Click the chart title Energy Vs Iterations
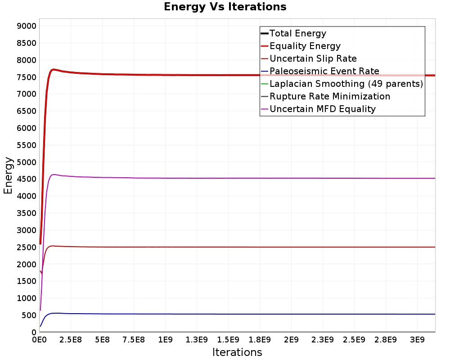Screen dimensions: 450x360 click(x=225, y=7)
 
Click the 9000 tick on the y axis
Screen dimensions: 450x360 click(x=27, y=26)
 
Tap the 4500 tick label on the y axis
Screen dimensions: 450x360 click(x=27, y=179)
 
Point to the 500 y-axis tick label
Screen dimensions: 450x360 click(x=29, y=315)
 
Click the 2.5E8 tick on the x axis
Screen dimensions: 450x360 click(x=71, y=340)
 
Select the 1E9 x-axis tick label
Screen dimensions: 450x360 click(x=165, y=340)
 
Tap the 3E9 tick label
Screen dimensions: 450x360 click(x=417, y=340)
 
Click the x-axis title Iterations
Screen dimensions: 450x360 click(x=237, y=352)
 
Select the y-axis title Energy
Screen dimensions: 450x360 click(x=8, y=175)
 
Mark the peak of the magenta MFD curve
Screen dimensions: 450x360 click(x=54, y=175)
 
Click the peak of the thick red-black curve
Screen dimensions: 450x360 click(x=53, y=69)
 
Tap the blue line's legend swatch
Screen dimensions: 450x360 click(x=264, y=71)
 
